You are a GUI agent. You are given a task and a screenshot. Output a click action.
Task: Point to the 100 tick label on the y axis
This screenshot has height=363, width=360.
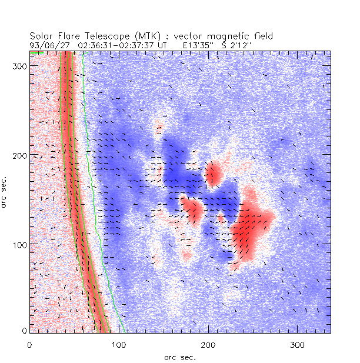click(20, 244)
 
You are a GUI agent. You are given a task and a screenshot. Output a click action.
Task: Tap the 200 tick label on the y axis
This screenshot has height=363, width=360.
click(20, 155)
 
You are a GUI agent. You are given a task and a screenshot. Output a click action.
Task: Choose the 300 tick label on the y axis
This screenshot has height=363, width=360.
click(20, 66)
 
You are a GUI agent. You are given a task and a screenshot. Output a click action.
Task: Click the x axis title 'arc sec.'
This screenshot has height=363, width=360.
click(179, 357)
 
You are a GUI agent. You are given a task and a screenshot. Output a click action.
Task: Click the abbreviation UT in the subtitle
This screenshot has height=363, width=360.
click(163, 44)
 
